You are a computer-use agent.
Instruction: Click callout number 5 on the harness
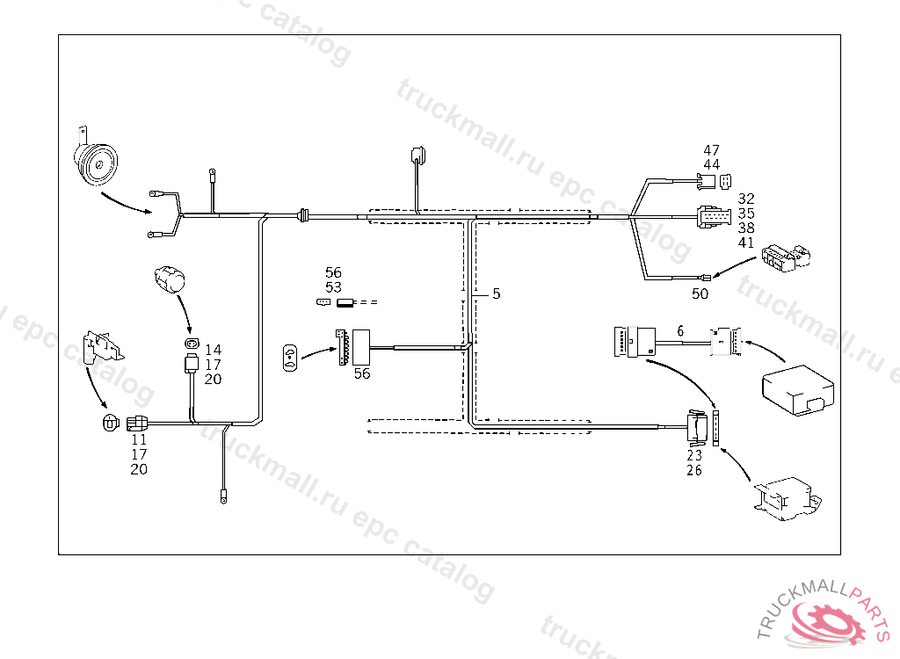point(496,294)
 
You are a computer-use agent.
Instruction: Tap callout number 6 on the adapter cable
point(679,330)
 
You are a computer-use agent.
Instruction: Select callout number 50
point(700,294)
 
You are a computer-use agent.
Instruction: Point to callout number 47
point(711,150)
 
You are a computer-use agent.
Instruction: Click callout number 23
point(694,455)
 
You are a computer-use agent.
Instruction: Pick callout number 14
point(213,350)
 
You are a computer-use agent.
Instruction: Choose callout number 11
point(139,438)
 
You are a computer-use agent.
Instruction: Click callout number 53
point(333,287)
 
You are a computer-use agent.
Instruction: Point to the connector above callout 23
point(698,428)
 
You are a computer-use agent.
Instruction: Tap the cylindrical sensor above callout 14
point(171,278)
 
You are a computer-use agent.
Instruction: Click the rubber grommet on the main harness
point(304,214)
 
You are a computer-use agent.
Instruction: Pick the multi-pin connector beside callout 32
point(712,215)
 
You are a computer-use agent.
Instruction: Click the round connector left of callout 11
point(109,423)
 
